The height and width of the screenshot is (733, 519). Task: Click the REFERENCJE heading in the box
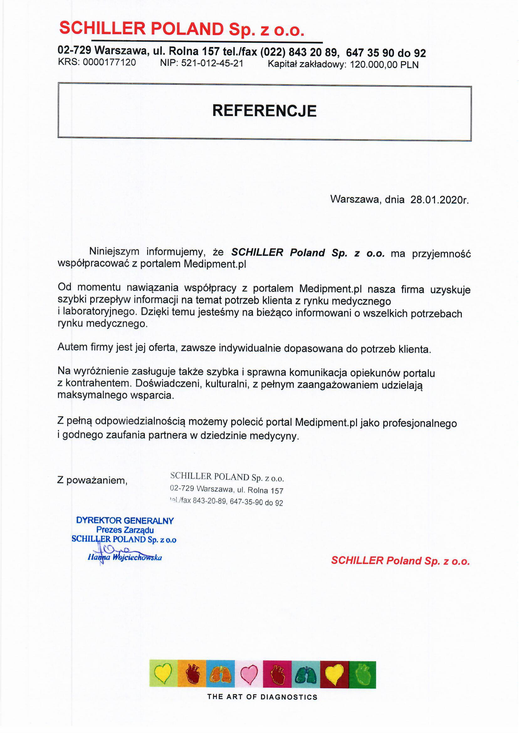click(x=264, y=111)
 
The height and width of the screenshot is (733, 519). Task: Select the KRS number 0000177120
click(x=109, y=62)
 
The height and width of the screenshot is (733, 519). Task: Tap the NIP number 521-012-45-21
click(x=212, y=63)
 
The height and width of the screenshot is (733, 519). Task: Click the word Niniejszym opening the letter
click(x=114, y=251)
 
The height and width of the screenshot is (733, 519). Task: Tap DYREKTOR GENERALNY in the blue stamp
click(x=125, y=521)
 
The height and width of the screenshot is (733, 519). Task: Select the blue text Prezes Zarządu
click(x=125, y=530)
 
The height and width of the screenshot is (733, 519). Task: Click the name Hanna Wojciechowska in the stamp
click(x=125, y=558)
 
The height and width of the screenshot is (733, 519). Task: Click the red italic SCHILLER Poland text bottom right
click(x=400, y=560)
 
